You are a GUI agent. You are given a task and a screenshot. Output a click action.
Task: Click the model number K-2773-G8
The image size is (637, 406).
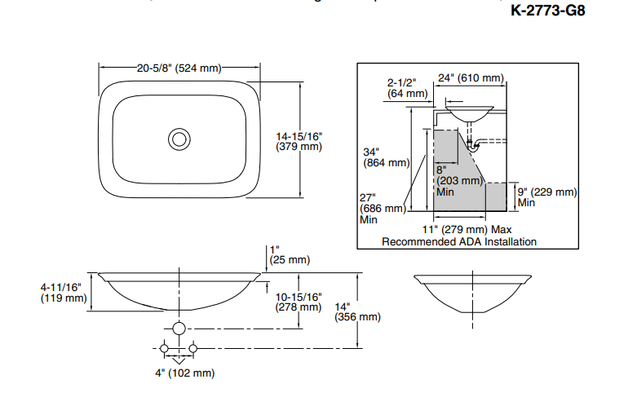pos(547,11)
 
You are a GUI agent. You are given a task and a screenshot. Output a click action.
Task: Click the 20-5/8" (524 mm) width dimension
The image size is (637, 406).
pos(179,68)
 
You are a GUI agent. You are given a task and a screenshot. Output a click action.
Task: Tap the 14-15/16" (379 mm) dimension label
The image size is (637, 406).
pos(299,141)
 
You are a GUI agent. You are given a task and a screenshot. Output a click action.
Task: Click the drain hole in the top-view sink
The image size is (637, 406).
pos(179,139)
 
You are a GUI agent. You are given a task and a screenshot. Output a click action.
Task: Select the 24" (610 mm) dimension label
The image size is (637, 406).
pos(471,78)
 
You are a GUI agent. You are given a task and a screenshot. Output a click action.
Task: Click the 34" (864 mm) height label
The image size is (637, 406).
pos(385,157)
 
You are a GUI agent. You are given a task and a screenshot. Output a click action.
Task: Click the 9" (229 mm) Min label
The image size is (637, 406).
pos(546,196)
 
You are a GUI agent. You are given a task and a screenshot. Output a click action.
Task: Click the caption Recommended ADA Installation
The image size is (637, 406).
pos(459,241)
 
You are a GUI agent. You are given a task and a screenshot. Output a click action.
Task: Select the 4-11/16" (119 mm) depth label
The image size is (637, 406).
pos(63,292)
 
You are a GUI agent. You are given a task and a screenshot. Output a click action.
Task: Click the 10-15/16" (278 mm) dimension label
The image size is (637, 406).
pos(299,302)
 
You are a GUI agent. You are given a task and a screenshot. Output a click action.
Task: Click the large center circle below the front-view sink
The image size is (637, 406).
pos(179,329)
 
